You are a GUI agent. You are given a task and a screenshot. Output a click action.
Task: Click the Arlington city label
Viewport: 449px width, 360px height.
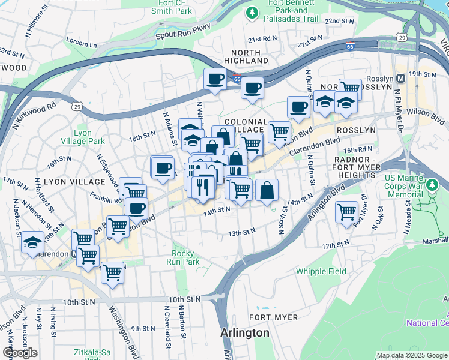[244, 333]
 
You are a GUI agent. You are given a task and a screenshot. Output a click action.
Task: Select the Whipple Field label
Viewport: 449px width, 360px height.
[321, 271]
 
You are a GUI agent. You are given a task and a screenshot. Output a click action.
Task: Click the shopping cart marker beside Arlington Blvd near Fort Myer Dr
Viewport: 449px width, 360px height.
[347, 211]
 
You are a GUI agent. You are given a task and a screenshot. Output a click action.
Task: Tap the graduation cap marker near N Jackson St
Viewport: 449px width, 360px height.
[32, 242]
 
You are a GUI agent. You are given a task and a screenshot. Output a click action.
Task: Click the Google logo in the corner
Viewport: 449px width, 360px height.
[20, 353]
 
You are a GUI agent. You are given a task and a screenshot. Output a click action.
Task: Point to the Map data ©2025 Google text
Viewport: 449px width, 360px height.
[412, 355]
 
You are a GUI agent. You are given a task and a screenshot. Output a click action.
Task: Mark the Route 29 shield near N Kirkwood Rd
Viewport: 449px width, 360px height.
[76, 106]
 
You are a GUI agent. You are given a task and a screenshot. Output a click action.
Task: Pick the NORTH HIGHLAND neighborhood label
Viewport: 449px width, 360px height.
[246, 56]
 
